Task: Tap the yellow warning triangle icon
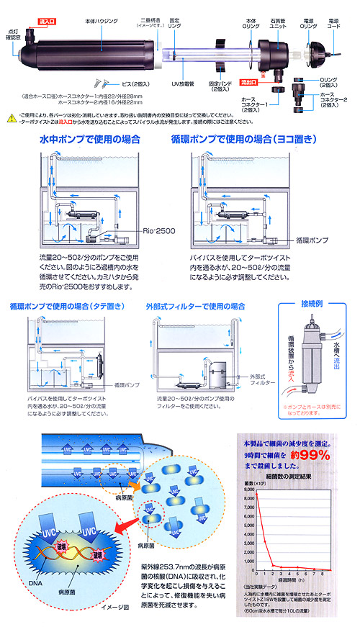click(x=8, y=114)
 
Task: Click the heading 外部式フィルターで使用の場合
click(x=196, y=306)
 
